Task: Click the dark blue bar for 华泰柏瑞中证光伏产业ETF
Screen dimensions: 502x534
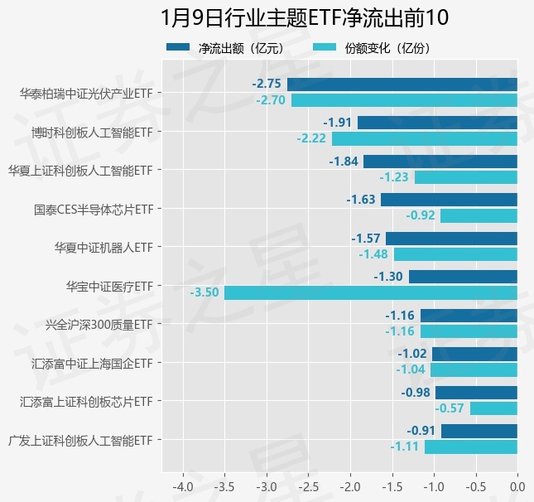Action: [x=402, y=84]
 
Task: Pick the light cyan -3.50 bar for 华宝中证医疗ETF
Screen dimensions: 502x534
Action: [x=370, y=292]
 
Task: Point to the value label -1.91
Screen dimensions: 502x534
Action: [x=338, y=123]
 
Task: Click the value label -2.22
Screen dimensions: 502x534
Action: [x=311, y=138]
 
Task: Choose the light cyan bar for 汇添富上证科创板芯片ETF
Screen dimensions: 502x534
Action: [x=493, y=408]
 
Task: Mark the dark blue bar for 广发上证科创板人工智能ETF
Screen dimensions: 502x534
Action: [x=479, y=431]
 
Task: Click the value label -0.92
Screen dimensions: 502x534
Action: [x=421, y=215]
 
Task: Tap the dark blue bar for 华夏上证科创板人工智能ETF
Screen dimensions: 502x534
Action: [x=440, y=162]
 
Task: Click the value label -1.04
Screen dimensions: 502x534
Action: [x=411, y=369]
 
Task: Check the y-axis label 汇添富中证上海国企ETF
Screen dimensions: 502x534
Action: [x=93, y=363]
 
